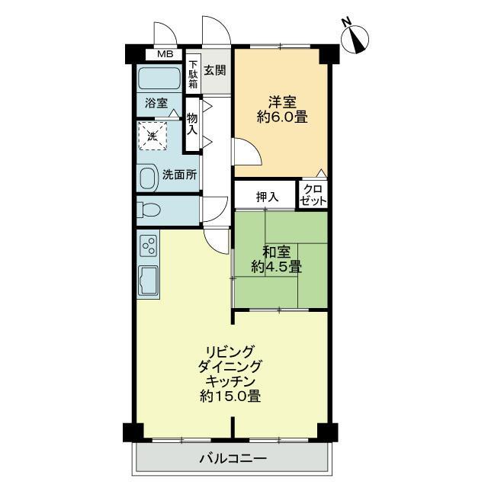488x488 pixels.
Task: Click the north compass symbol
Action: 355,39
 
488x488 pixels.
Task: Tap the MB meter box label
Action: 165,54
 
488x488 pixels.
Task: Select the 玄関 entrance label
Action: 215,70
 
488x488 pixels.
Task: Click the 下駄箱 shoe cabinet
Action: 193,74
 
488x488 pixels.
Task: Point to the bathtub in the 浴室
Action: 159,79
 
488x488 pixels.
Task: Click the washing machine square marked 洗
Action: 152,136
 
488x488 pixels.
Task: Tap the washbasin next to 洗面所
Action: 148,178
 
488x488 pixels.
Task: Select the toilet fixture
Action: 149,210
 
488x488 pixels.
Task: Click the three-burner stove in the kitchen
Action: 149,246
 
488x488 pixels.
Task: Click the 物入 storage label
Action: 192,124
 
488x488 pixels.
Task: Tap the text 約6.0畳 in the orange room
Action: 282,117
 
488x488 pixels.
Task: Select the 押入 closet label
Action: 267,197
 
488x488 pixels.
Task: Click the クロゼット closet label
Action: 313,195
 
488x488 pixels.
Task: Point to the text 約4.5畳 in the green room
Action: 276,267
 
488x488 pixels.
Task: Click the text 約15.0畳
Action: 230,396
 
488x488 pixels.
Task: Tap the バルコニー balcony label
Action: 233,458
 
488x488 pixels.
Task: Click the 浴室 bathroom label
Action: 156,103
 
